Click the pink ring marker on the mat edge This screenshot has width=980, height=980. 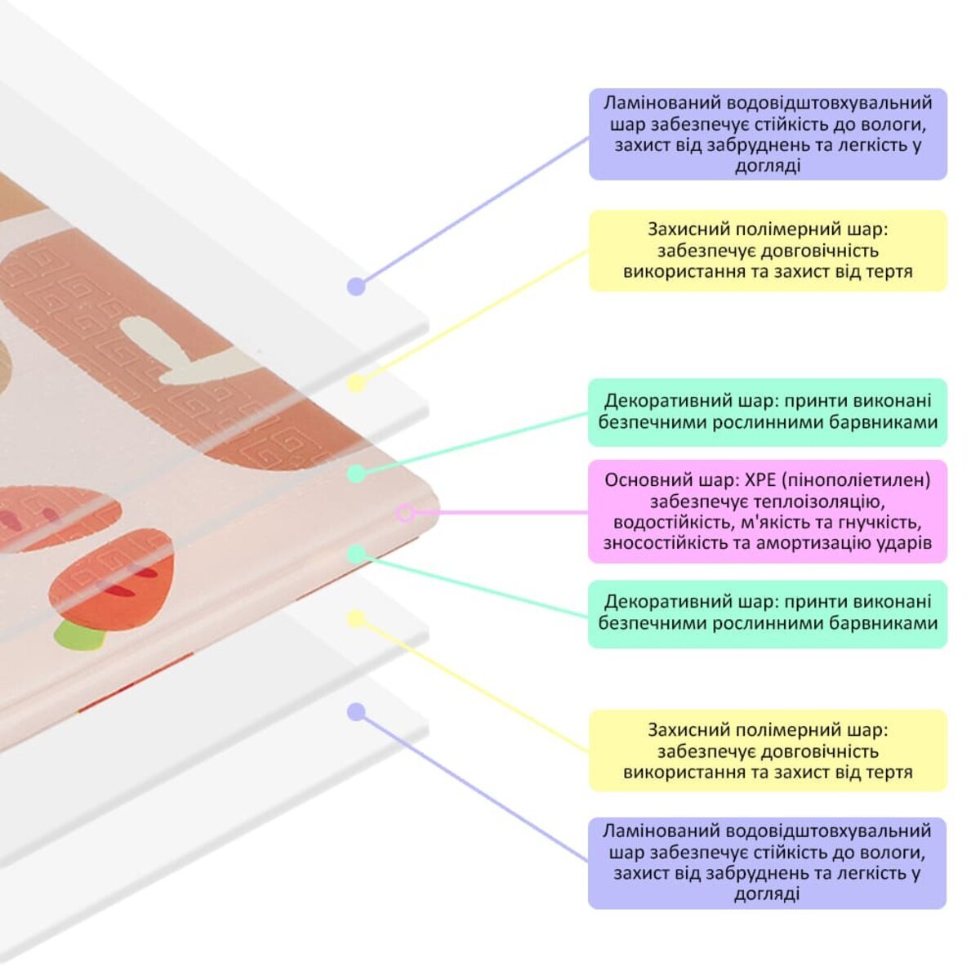point(405,513)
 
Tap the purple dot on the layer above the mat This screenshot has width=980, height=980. point(355,287)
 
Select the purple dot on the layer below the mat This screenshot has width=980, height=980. point(355,712)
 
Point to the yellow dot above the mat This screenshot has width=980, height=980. point(356,384)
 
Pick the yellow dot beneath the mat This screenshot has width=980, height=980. point(356,619)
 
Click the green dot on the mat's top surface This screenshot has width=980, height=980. point(356,474)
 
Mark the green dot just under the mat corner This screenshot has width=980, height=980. point(356,555)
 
